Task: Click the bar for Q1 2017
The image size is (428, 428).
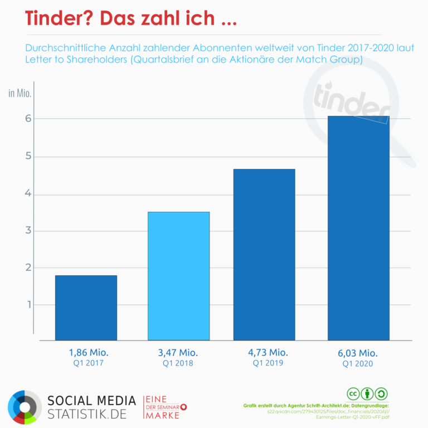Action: point(86,308)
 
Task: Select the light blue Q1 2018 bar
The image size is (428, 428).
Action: point(178,276)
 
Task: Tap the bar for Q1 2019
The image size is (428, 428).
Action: point(264,254)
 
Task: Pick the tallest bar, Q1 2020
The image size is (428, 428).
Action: point(358,228)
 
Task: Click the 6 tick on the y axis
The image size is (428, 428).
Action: point(27,119)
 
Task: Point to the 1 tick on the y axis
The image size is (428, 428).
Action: point(27,305)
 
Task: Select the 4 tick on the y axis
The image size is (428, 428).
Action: point(27,194)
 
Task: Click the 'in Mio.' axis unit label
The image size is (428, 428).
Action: point(20,93)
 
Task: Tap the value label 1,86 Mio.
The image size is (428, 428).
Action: point(89,352)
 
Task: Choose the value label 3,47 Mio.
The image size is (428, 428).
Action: point(178,352)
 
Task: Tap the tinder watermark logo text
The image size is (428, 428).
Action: point(351,100)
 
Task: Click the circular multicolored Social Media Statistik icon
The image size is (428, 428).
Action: point(25,407)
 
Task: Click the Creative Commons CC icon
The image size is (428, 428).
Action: point(353,393)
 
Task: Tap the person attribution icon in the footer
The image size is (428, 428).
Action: point(367,393)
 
